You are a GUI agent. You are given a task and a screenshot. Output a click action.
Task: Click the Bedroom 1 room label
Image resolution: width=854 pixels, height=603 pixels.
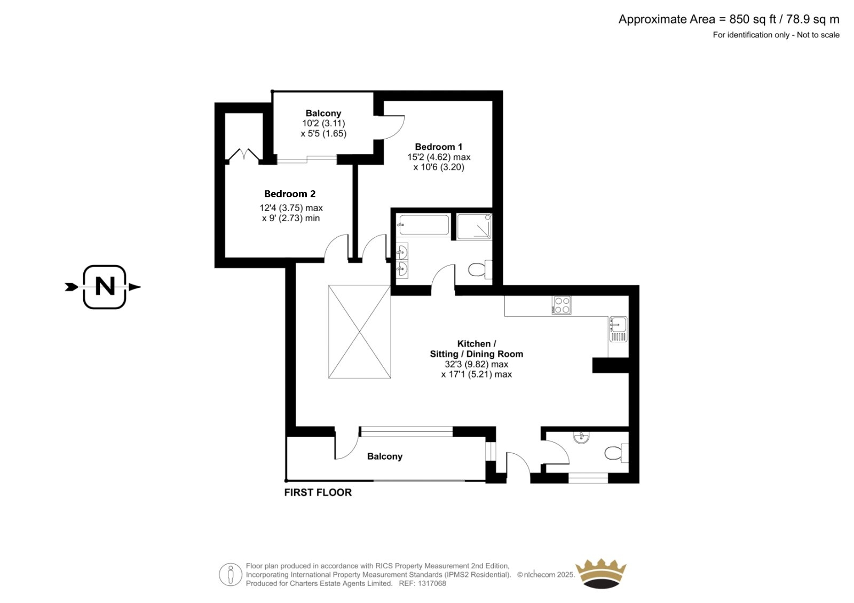(x=438, y=147)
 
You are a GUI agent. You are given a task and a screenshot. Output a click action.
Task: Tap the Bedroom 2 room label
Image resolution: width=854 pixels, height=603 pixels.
(x=290, y=194)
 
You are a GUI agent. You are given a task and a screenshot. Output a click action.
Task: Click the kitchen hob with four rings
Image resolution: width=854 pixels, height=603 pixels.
(x=562, y=305)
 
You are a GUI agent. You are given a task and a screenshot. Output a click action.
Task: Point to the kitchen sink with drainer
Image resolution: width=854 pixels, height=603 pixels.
(x=618, y=329)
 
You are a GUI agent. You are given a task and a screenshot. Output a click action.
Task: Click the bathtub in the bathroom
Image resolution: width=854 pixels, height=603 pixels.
(x=423, y=225)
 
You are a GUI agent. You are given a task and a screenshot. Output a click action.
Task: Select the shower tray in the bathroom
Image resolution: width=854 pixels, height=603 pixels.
(x=475, y=226)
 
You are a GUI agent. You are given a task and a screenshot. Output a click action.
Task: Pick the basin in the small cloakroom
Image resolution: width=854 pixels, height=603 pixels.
(x=581, y=437)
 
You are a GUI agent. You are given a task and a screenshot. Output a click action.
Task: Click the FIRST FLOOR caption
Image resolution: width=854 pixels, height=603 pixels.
(x=318, y=493)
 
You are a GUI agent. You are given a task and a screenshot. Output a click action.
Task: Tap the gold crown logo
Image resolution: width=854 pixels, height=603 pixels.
(x=600, y=574)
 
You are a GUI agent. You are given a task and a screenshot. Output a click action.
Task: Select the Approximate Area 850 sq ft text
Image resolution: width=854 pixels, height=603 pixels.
(x=729, y=19)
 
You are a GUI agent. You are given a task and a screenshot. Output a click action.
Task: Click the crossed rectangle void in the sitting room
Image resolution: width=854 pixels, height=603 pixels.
(x=360, y=332)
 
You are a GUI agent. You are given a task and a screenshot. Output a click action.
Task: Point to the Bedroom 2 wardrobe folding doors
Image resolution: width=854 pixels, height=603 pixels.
(x=244, y=154)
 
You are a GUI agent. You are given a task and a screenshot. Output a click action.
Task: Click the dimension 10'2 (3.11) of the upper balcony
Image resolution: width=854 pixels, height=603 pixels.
(x=323, y=123)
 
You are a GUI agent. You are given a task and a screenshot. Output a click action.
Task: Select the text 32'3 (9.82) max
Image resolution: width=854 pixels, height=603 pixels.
(x=476, y=364)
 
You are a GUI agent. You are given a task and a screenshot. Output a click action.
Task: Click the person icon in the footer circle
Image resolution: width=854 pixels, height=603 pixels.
(x=230, y=574)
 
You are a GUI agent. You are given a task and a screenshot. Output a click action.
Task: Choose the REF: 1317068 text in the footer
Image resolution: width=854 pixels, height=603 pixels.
(x=422, y=584)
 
